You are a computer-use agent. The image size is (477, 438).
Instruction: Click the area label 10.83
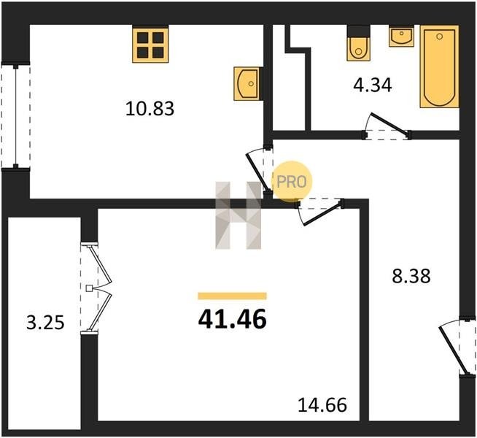pyautogui.click(x=150, y=109)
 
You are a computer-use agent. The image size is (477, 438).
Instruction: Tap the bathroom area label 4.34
pyautogui.click(x=373, y=85)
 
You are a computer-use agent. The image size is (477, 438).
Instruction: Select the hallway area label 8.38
pyautogui.click(x=411, y=276)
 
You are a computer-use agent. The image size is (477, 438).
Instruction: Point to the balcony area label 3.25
pyautogui.click(x=45, y=323)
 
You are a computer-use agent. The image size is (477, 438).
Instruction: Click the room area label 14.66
pyautogui.click(x=322, y=405)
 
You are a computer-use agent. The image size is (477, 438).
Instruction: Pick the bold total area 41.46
pyautogui.click(x=233, y=320)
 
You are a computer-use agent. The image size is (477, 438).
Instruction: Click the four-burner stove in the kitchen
pyautogui.click(x=150, y=45)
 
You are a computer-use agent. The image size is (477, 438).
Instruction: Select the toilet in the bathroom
pyautogui.click(x=359, y=43)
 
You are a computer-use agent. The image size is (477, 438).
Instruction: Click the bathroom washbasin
pyautogui.click(x=402, y=36)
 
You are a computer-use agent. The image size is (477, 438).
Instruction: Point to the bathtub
pyautogui.click(x=439, y=66)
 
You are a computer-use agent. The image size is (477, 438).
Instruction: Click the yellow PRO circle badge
pyautogui.click(x=292, y=182)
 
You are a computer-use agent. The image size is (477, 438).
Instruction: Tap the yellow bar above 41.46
pyautogui.click(x=233, y=296)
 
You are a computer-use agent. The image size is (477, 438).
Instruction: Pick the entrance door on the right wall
pyautogui.click(x=457, y=348)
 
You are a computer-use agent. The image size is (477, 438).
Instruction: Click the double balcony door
pyautogui.click(x=96, y=288)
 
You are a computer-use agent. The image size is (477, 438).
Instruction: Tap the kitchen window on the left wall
pyautogui.click(x=16, y=115)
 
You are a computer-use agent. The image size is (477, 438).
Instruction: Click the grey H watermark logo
pyautogui.click(x=238, y=215)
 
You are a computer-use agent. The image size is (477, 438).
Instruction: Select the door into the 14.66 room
pyautogui.click(x=320, y=212)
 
